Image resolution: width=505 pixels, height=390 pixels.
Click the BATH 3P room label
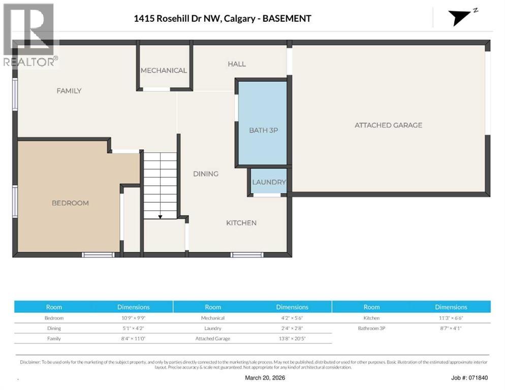(263, 130)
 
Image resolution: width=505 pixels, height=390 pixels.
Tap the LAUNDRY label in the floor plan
(269, 182)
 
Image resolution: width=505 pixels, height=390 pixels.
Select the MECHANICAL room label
(164, 71)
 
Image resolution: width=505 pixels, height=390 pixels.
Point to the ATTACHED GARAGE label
(388, 125)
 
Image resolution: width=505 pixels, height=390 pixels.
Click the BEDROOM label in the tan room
(70, 203)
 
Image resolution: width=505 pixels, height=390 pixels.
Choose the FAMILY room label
(69, 91)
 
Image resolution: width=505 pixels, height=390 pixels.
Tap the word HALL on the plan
(237, 64)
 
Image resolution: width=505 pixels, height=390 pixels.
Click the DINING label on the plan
(206, 174)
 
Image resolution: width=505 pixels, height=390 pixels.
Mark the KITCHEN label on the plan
(241, 223)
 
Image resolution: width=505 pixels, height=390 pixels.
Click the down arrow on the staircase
(160, 217)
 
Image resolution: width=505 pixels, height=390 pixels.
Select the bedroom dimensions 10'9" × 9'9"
(133, 318)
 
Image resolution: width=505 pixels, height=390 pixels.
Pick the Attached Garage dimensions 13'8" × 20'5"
(292, 338)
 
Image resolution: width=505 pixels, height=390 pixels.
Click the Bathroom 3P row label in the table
(371, 328)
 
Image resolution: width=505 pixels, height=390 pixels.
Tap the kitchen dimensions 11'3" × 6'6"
(451, 318)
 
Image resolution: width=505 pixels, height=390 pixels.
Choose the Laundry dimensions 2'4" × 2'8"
(292, 328)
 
